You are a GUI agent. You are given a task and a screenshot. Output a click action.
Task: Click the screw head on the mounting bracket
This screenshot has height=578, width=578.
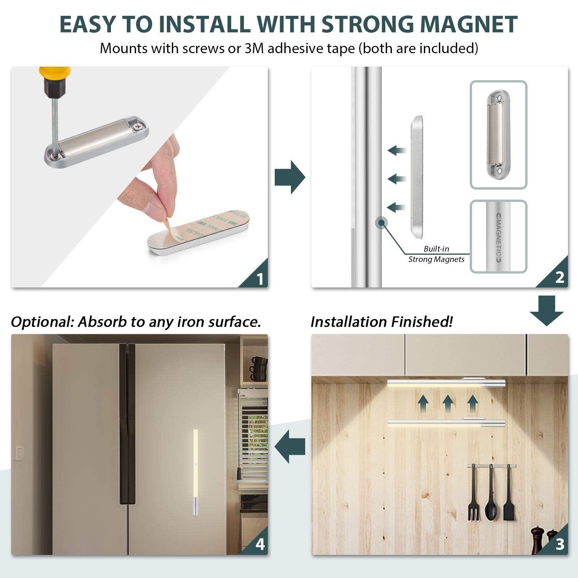click(138, 125)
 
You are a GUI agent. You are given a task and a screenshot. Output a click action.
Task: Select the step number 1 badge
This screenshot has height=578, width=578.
click(260, 279)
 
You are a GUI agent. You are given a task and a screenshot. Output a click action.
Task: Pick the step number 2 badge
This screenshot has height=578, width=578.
click(560, 278)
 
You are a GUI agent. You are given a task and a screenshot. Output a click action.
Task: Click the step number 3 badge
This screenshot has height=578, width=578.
click(560, 544)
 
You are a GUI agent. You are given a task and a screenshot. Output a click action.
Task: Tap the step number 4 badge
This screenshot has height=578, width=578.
click(260, 544)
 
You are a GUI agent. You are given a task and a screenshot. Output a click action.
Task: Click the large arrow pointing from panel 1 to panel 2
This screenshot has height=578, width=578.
click(290, 178)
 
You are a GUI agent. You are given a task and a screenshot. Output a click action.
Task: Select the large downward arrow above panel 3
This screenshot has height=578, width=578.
click(546, 310)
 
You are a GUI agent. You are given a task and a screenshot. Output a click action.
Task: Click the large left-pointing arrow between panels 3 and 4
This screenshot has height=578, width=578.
click(289, 447)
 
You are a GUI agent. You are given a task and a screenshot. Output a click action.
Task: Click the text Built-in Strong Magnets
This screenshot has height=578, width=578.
click(436, 254)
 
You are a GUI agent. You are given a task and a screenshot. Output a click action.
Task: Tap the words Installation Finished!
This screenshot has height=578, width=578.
click(381, 322)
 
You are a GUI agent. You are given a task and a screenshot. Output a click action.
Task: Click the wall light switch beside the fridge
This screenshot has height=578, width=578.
click(18, 453)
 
